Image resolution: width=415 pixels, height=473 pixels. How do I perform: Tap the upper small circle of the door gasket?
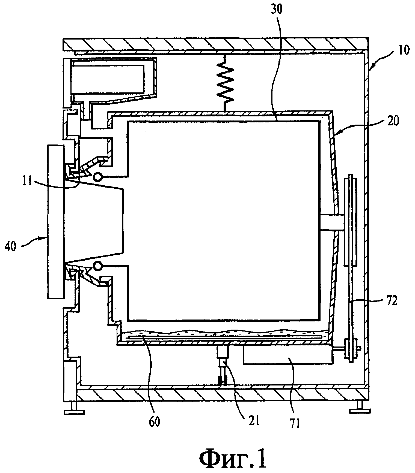coord(97,177)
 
